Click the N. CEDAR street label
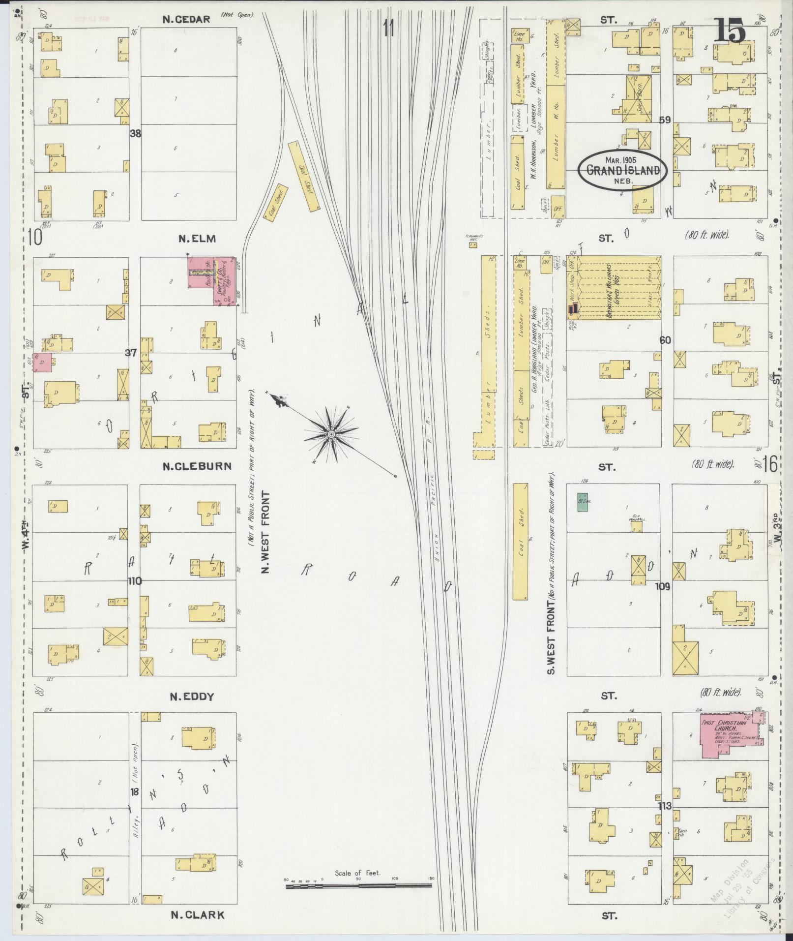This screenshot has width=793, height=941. click(187, 20)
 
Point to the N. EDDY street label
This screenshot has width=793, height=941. click(192, 697)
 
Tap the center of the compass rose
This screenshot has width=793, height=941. click(331, 434)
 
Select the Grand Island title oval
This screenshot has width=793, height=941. click(622, 170)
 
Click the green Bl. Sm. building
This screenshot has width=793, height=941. click(583, 503)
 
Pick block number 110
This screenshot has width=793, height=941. click(135, 581)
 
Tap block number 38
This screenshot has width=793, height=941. click(135, 133)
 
